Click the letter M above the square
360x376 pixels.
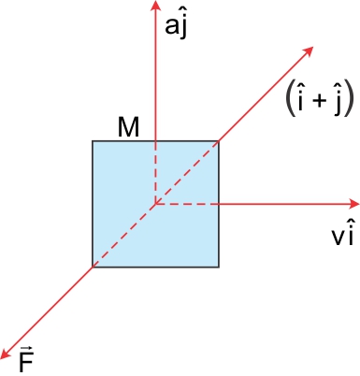[x=129, y=127]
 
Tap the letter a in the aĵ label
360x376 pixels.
[x=171, y=27]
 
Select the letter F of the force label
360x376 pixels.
[x=26, y=361]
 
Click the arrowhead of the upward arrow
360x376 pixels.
[x=155, y=7]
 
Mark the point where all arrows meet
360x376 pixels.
[x=155, y=203]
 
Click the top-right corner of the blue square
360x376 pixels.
[x=219, y=140]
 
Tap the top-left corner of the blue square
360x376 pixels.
[x=92, y=140]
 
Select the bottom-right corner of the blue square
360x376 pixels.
[x=219, y=267]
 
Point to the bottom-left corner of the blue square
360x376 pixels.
[x=92, y=267]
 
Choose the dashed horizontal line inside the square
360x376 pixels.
[x=187, y=203]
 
